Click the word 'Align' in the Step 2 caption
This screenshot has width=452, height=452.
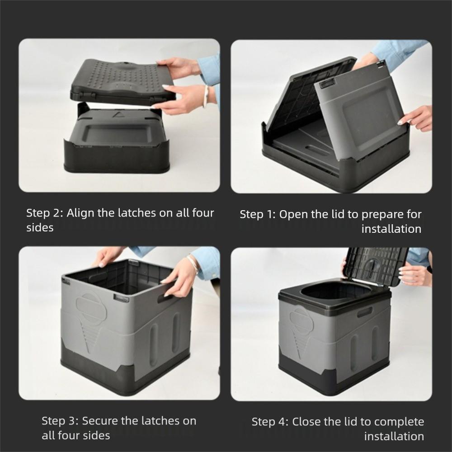pyautogui.click(x=80, y=213)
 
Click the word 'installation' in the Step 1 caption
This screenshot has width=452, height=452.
pyautogui.click(x=391, y=229)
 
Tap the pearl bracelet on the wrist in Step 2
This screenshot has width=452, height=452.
pyautogui.click(x=206, y=96)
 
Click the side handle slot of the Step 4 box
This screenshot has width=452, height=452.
pyautogui.click(x=364, y=312)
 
